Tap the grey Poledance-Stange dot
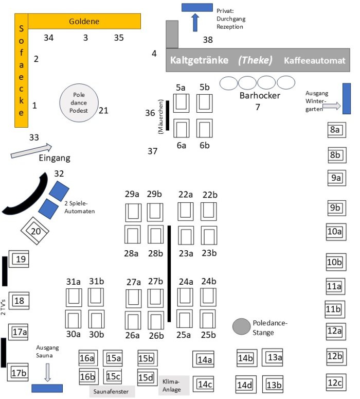coord(240,325)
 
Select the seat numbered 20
coord(35,231)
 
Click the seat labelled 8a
coord(335,130)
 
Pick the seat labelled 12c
coord(335,383)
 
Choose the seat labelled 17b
coord(19,372)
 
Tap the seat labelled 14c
coord(205,384)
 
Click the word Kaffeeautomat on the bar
coord(314,60)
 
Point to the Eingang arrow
coord(31,150)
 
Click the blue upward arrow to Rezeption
coord(195,22)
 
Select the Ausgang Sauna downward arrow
coord(47,372)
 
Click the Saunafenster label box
coord(112,392)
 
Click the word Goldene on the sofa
coord(84,21)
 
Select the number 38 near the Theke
coord(207,40)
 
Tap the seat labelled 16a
coord(87,358)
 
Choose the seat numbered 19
coord(21,259)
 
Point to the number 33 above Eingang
coord(34,137)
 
